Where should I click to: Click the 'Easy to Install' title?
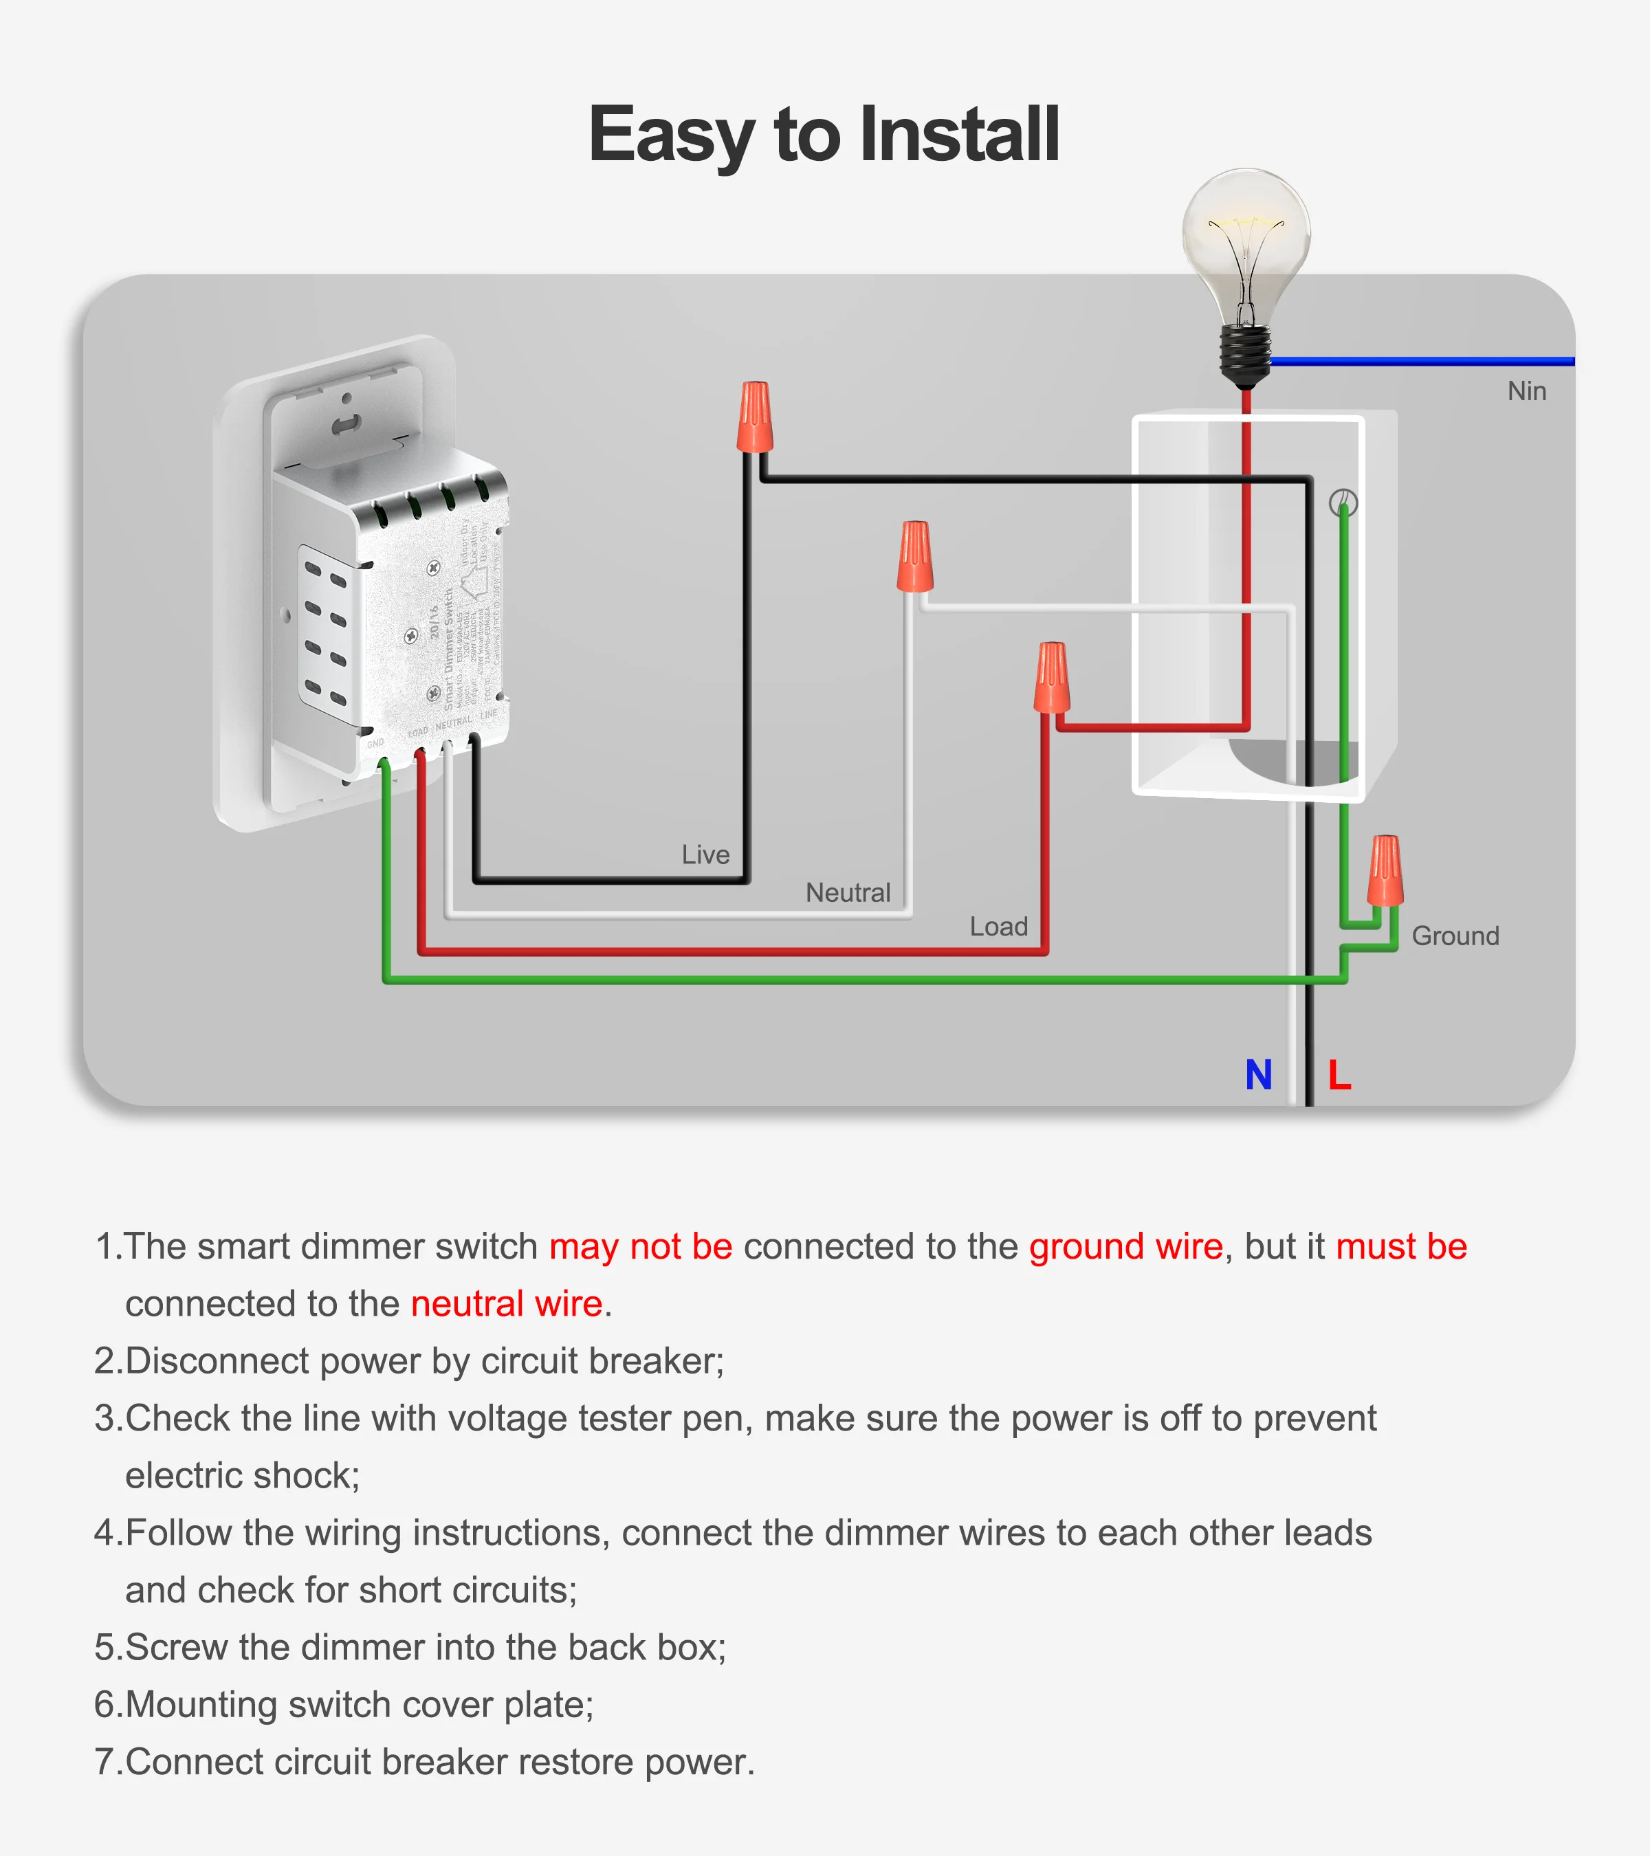(824, 134)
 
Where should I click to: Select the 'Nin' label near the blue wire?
(1526, 391)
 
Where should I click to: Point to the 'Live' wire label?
(705, 854)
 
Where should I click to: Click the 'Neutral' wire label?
(847, 892)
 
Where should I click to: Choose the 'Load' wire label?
(998, 926)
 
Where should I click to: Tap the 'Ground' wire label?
(1455, 936)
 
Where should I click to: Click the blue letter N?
(1259, 1075)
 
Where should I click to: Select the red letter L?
(1339, 1075)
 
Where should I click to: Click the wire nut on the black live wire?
(755, 418)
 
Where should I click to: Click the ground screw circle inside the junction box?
(1343, 502)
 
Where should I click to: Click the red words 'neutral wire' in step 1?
(507, 1304)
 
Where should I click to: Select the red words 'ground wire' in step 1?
(1125, 1247)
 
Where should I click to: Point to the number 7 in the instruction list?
(104, 1763)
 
